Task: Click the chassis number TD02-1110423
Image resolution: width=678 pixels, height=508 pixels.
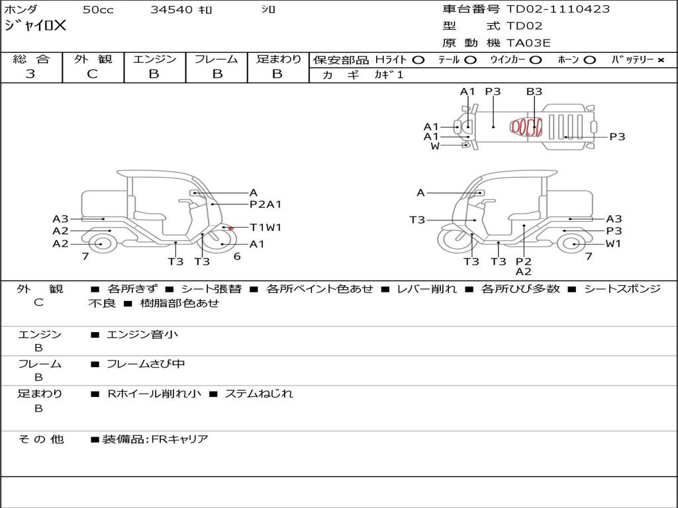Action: click(x=557, y=9)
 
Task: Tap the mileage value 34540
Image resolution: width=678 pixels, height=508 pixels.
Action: click(x=171, y=9)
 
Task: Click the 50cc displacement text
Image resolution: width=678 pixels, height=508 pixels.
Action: click(x=98, y=9)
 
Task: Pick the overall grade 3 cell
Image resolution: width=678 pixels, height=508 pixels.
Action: click(x=30, y=74)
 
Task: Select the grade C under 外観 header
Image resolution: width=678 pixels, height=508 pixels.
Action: click(x=92, y=74)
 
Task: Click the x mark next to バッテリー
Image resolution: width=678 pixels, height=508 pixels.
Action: click(x=660, y=60)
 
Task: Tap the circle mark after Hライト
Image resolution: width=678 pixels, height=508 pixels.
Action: click(x=418, y=60)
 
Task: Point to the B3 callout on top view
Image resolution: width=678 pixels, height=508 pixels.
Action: click(x=534, y=91)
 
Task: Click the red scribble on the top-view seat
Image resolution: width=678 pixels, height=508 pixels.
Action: click(x=526, y=127)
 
